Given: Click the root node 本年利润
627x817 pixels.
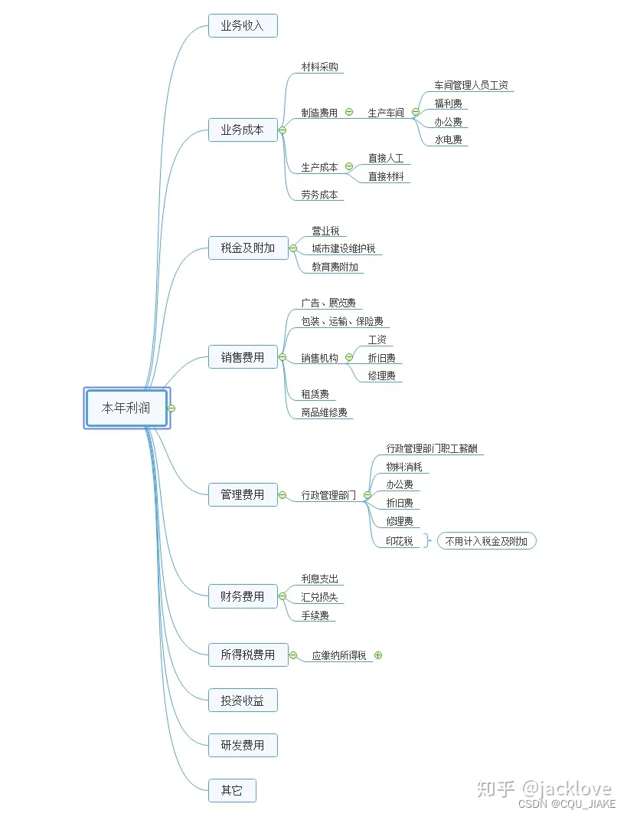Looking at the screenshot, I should tap(127, 408).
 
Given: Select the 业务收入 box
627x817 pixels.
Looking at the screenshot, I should tap(242, 25).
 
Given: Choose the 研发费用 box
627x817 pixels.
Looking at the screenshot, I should tap(242, 745).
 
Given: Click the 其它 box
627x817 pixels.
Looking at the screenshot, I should tap(231, 790).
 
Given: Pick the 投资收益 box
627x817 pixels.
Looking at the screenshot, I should tap(242, 700).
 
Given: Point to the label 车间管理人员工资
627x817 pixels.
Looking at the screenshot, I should tap(471, 85).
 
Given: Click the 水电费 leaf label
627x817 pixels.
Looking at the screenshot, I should tap(448, 140).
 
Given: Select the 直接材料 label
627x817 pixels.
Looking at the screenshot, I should tap(385, 176).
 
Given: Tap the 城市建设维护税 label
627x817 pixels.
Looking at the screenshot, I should tap(343, 248).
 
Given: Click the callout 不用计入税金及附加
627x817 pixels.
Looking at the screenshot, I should tap(486, 541).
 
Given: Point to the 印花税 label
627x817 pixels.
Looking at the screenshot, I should tap(400, 541).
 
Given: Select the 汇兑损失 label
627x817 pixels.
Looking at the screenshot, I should tap(319, 597).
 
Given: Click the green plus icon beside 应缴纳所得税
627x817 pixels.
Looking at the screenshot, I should tap(378, 655).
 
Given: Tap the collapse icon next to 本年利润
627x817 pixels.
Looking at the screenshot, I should tap(171, 408).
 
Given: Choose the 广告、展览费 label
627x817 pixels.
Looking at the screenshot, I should tap(328, 304).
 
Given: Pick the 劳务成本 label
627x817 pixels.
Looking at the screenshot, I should tap(319, 195).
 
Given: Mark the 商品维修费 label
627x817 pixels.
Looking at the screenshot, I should tap(324, 412).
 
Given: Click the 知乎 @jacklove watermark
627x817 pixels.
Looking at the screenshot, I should tap(544, 789).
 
